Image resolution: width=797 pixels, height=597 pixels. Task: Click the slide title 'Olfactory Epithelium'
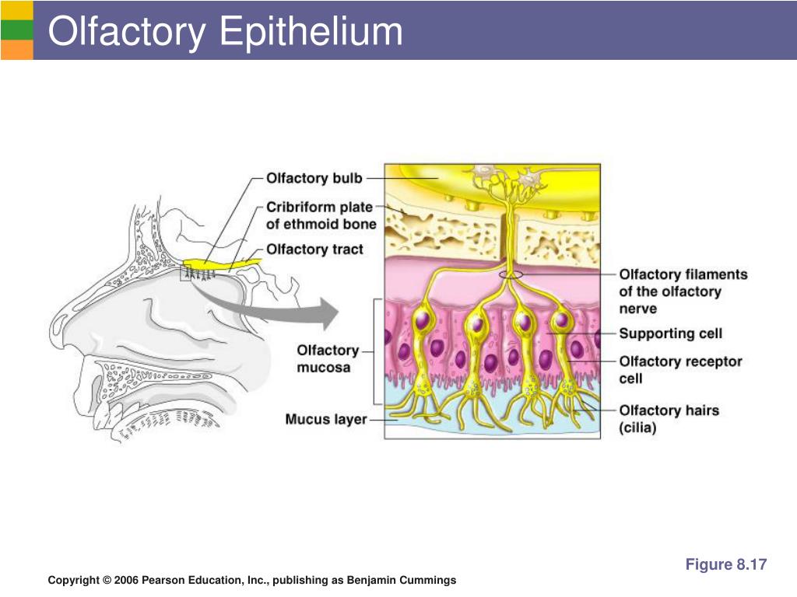pos(225,31)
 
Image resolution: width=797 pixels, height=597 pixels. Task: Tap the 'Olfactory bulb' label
pos(314,178)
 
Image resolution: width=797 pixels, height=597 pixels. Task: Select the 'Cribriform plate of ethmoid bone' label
pos(321,216)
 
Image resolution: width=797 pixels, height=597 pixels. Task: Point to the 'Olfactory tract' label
pos(314,250)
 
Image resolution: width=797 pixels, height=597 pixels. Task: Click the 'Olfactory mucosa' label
pos(328,359)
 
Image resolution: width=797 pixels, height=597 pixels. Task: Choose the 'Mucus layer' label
pos(326,419)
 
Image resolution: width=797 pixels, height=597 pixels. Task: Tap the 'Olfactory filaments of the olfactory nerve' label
pos(683,292)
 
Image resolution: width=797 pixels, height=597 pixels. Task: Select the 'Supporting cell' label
pos(670,333)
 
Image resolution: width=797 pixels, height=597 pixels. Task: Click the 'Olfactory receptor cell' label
pos(680,369)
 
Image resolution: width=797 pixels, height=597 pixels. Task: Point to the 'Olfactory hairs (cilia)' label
pos(669,419)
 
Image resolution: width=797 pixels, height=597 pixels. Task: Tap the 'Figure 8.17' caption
pos(726,564)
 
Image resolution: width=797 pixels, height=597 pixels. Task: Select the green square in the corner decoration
pos(17,30)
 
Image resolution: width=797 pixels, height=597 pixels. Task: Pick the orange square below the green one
pos(17,50)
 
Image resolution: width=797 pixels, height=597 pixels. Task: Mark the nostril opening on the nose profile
pos(61,324)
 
